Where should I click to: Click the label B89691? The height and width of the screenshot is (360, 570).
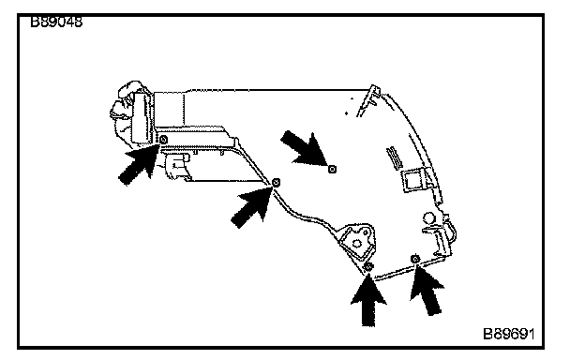click(508, 334)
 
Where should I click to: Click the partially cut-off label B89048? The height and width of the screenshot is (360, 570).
click(56, 22)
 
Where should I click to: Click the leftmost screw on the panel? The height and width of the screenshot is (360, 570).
click(163, 140)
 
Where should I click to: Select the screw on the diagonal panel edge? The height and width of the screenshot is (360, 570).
click(276, 182)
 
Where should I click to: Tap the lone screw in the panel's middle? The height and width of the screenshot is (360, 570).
click(332, 169)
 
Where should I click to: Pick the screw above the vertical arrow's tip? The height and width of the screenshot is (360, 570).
click(368, 267)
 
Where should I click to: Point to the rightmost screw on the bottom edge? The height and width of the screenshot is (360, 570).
click(415, 259)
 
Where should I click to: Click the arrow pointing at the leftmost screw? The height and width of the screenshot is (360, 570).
click(140, 162)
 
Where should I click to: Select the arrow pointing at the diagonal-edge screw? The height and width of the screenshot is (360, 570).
click(252, 205)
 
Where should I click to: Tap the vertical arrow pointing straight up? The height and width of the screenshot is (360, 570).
click(368, 300)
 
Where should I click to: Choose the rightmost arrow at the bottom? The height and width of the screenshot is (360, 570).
click(427, 291)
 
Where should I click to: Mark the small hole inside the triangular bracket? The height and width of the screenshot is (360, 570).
click(357, 243)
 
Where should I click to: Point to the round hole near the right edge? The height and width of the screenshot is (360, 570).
click(428, 217)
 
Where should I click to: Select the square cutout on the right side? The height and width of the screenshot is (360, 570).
click(413, 180)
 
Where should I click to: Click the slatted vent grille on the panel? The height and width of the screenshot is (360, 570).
click(395, 157)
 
